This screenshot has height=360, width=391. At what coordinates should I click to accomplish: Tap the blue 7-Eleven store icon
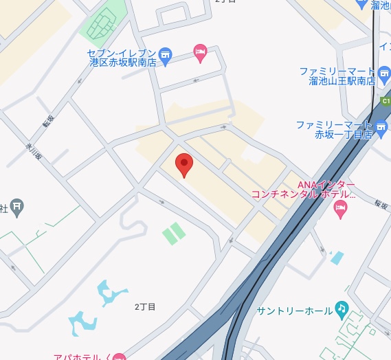tap(165, 54)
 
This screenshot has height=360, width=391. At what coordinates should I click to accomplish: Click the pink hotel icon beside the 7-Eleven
tap(200, 52)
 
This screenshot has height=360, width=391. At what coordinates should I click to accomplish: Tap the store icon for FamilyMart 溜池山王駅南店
tap(383, 71)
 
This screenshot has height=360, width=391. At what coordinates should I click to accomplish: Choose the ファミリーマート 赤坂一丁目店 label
tap(334, 130)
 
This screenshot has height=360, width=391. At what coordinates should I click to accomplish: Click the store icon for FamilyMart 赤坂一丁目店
tap(382, 125)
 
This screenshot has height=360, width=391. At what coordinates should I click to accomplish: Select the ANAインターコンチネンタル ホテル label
tap(304, 190)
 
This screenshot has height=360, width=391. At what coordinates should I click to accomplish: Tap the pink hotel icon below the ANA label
tap(340, 209)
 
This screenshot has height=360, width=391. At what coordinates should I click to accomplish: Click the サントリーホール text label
tap(294, 311)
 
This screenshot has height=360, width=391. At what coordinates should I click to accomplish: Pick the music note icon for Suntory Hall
tap(342, 308)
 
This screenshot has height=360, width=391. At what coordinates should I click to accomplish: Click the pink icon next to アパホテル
tap(120, 357)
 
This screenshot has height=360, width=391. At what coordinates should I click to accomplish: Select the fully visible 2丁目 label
tap(145, 306)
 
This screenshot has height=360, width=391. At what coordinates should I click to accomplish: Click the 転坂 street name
tap(47, 121)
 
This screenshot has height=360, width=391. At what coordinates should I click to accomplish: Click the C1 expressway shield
tap(386, 101)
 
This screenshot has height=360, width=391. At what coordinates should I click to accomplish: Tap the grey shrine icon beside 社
tap(17, 205)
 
